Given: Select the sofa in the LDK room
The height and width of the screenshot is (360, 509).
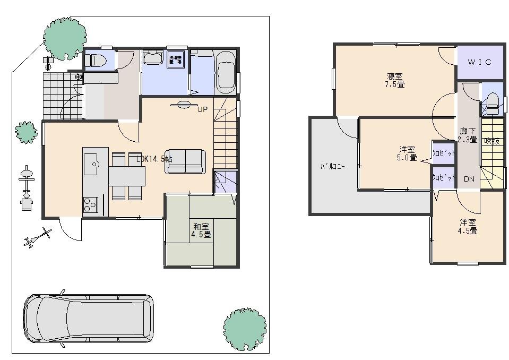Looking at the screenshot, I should click(x=185, y=161).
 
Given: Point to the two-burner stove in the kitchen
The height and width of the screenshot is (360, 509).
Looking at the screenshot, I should click(x=89, y=203).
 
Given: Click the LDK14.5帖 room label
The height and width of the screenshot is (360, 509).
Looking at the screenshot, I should click(x=154, y=159).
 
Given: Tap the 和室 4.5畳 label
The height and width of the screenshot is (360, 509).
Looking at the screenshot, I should click(x=201, y=230).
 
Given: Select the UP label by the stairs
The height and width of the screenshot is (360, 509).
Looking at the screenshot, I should click(x=202, y=110).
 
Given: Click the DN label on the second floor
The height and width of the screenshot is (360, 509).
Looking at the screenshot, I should click(x=469, y=179).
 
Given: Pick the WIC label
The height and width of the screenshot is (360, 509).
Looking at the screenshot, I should click(x=479, y=62).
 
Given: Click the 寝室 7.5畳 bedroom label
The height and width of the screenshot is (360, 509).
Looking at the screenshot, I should click(x=394, y=80).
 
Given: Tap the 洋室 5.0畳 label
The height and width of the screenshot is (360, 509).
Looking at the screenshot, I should click(x=408, y=153).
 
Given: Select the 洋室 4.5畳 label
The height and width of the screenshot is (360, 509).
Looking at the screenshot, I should click(x=468, y=226).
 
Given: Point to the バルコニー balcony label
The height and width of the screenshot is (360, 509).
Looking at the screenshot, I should click(x=332, y=166).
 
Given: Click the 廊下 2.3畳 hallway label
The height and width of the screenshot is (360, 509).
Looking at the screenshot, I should click(x=467, y=136).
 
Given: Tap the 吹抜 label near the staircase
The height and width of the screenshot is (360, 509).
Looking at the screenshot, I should click(x=491, y=141).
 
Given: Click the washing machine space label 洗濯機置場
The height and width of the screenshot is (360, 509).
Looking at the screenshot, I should click(x=176, y=59).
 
